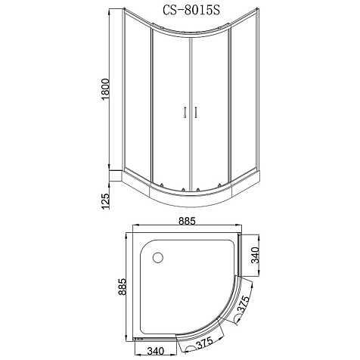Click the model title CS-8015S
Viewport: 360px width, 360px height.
tap(191, 11)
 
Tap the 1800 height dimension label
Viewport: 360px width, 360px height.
tap(105, 89)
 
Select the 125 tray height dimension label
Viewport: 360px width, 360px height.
tap(105, 201)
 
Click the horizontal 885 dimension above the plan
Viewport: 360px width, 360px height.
tap(187, 221)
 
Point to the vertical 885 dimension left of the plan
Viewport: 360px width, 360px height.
tap(123, 287)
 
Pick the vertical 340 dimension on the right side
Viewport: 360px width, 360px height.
tap(256, 255)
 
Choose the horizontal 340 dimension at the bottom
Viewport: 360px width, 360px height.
tap(156, 351)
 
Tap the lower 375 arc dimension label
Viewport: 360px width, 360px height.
tap(204, 343)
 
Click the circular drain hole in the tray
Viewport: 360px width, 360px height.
tap(158, 258)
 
